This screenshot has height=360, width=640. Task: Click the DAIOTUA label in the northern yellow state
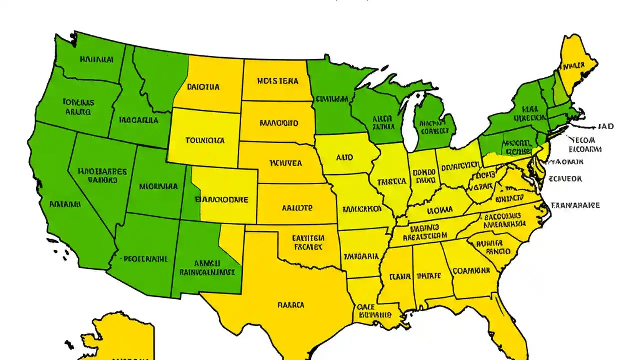click(x=203, y=87)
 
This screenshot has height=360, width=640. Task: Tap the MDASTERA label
click(x=277, y=81)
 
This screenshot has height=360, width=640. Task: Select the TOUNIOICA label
click(x=205, y=140)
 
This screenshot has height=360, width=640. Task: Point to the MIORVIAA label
click(x=158, y=187)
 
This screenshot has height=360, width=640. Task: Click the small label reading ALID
click(x=344, y=157)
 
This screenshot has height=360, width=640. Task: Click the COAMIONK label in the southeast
click(x=471, y=271)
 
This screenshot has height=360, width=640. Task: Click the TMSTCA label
click(x=391, y=182)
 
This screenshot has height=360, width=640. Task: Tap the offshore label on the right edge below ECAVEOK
click(x=575, y=205)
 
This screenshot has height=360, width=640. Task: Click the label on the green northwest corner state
click(x=96, y=59)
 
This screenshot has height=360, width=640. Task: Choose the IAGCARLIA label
click(x=139, y=120)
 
